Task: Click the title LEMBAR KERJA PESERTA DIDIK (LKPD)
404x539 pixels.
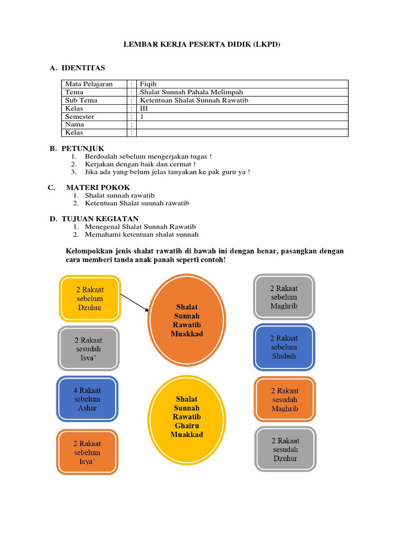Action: [x=202, y=45]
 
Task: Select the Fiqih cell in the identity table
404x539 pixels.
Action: [x=148, y=84]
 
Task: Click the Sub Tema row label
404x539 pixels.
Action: [x=81, y=100]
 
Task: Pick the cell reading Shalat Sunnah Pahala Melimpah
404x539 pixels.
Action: [x=191, y=92]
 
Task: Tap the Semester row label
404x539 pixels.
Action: [x=79, y=116]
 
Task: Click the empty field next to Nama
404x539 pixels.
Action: [x=242, y=125]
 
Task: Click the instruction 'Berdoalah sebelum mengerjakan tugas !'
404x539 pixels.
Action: [x=148, y=156]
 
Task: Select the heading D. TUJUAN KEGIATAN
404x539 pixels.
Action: [x=94, y=218]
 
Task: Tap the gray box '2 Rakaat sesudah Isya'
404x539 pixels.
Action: [x=88, y=348]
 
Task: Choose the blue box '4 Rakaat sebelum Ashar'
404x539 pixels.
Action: [x=87, y=399]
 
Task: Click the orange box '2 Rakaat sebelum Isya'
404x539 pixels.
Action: [x=87, y=452]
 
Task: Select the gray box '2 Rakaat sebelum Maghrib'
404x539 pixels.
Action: [x=284, y=297]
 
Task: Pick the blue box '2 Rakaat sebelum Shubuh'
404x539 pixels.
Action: [x=284, y=347]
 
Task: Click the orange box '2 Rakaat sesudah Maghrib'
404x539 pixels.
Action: [x=285, y=400]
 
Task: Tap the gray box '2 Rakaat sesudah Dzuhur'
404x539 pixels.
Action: [x=285, y=450]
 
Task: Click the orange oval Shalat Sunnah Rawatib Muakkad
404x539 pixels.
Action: [x=187, y=320]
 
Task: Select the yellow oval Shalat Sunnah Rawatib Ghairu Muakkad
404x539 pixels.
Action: [x=187, y=417]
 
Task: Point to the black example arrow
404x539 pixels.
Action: [x=135, y=303]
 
